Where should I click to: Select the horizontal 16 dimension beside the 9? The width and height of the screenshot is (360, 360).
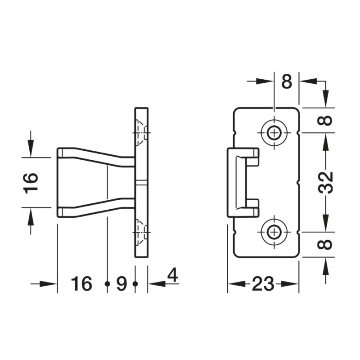pyautogui.click(x=81, y=283)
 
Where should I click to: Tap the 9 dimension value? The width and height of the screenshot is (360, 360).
pyautogui.click(x=121, y=283)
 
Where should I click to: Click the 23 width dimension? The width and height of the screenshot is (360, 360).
pyautogui.click(x=263, y=284)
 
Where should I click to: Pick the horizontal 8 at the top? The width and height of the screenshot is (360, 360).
pyautogui.click(x=287, y=81)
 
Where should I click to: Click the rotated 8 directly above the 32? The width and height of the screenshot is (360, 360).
pyautogui.click(x=326, y=120)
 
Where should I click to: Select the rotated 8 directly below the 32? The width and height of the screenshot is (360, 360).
pyautogui.click(x=326, y=245)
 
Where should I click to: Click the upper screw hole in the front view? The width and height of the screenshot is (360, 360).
pyautogui.click(x=274, y=133)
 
